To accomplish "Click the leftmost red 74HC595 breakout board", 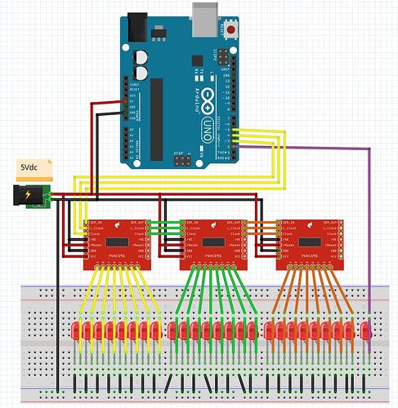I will [x=118, y=242].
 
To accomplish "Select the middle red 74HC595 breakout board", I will [x=213, y=242].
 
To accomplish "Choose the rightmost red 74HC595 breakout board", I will [x=310, y=242].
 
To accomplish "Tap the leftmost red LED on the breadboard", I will [x=75, y=331].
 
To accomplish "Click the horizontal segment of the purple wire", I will [x=327, y=148].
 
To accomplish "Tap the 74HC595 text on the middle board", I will [x=213, y=255].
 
